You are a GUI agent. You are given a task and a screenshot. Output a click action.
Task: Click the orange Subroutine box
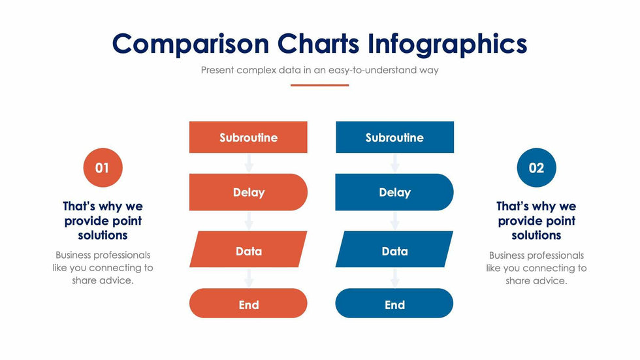coord(248,137)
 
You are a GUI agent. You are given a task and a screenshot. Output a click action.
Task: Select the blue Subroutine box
coord(394,137)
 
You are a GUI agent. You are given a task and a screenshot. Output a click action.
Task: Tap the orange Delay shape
coord(248,192)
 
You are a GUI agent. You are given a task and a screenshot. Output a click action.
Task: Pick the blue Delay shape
coord(394,192)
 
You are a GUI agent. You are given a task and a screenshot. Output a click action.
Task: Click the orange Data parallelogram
coord(248,250)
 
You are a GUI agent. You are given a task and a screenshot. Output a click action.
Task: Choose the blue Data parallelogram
coord(394,250)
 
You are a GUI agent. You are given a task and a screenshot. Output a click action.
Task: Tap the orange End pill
coord(248,303)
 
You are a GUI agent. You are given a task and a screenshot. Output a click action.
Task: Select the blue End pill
coord(394,303)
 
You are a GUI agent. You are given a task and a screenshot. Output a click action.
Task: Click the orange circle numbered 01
coord(103,168)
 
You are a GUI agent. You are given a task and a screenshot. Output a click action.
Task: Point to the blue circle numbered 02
coord(536,168)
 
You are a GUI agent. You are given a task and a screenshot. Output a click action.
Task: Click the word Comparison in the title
coord(191,44)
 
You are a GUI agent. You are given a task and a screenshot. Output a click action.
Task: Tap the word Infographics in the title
coord(447,44)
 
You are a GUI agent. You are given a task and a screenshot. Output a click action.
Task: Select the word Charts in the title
coord(319,43)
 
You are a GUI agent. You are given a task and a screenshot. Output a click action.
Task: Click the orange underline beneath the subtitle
coord(319,86)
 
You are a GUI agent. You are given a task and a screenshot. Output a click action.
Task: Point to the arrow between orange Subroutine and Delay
coord(249,163)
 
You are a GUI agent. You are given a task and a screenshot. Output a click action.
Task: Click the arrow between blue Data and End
coord(394,278)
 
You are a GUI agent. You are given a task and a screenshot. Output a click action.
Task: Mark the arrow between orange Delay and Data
coord(249,221)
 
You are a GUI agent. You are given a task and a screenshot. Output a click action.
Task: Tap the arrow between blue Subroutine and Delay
coord(394,163)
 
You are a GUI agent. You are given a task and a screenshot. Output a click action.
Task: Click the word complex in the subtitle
coord(256,70)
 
